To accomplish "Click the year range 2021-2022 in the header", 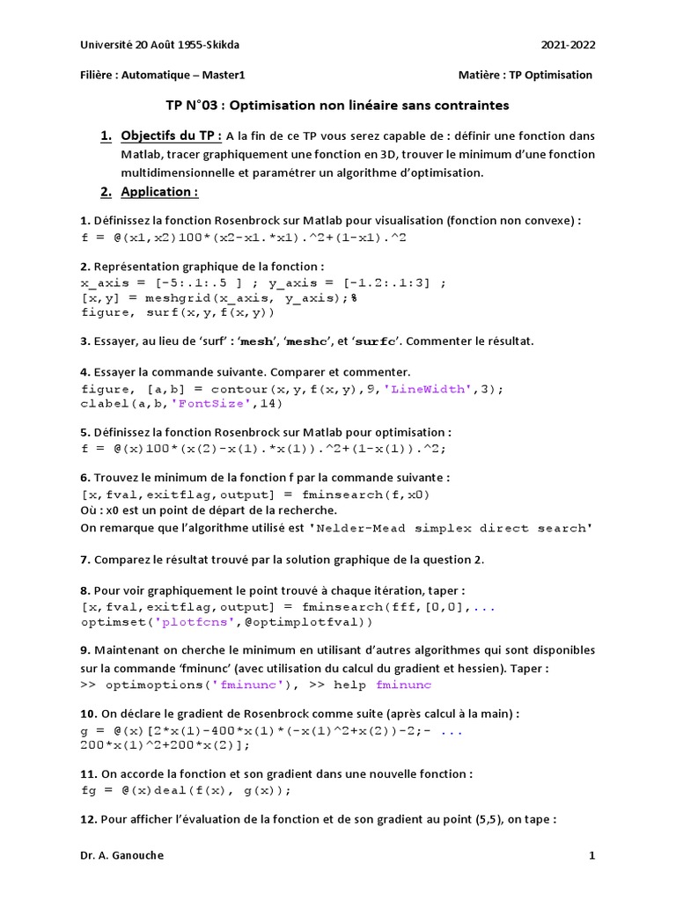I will (x=569, y=43).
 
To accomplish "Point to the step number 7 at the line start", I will (x=84, y=560).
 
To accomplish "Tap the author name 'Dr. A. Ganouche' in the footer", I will (x=121, y=855).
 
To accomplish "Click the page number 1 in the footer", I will (x=592, y=855).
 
